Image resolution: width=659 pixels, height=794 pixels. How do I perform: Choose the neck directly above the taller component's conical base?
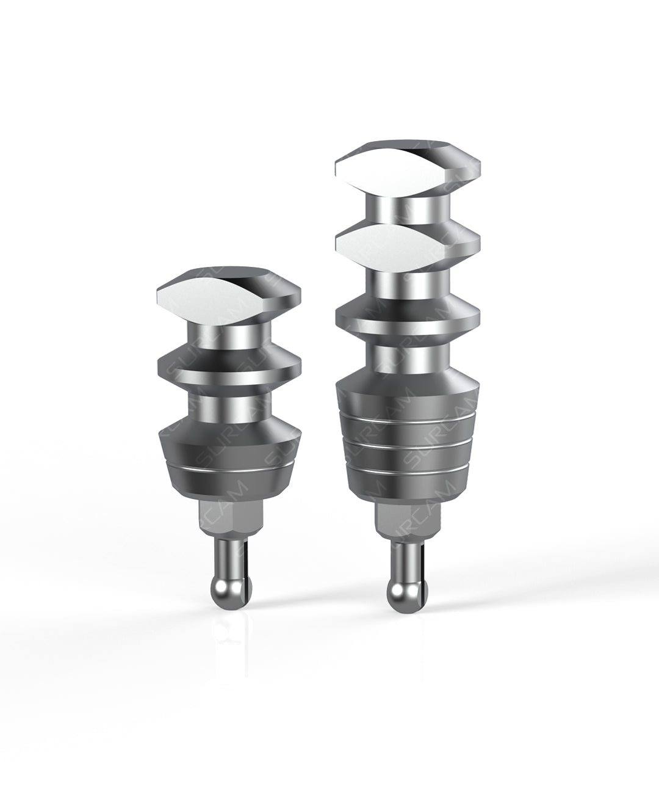click(406, 359)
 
